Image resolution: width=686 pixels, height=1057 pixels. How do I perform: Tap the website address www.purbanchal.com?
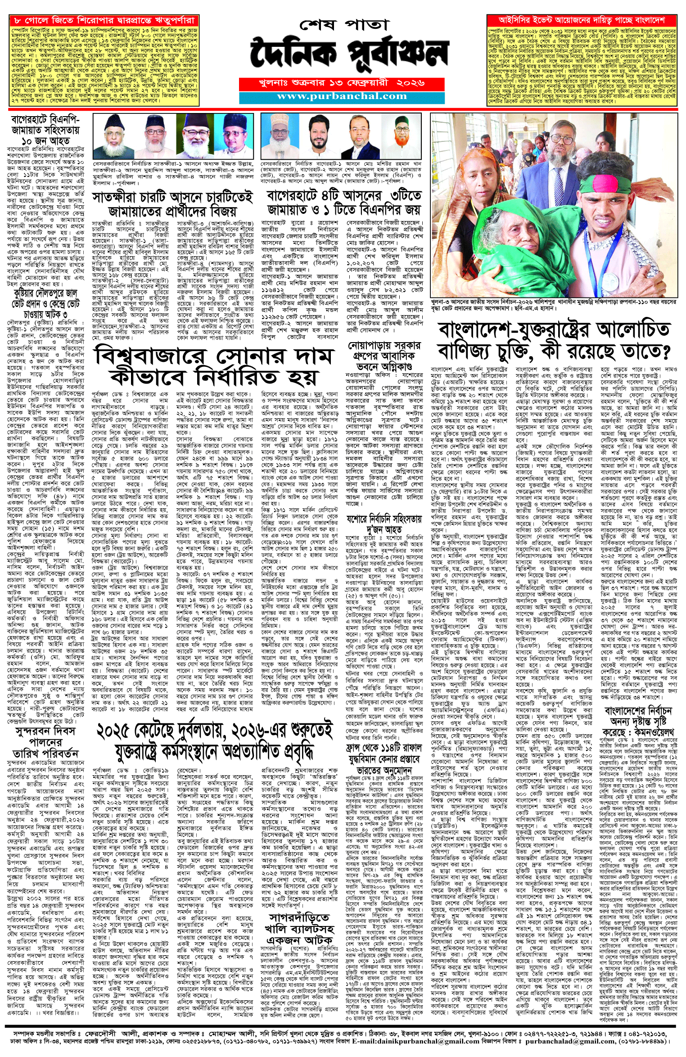(342, 96)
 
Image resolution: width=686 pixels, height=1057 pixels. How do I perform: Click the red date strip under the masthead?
(342, 83)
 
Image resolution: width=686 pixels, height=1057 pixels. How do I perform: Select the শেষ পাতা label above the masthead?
(343, 24)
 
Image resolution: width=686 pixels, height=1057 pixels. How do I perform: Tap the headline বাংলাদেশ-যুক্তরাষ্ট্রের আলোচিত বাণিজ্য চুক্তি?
(554, 340)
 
